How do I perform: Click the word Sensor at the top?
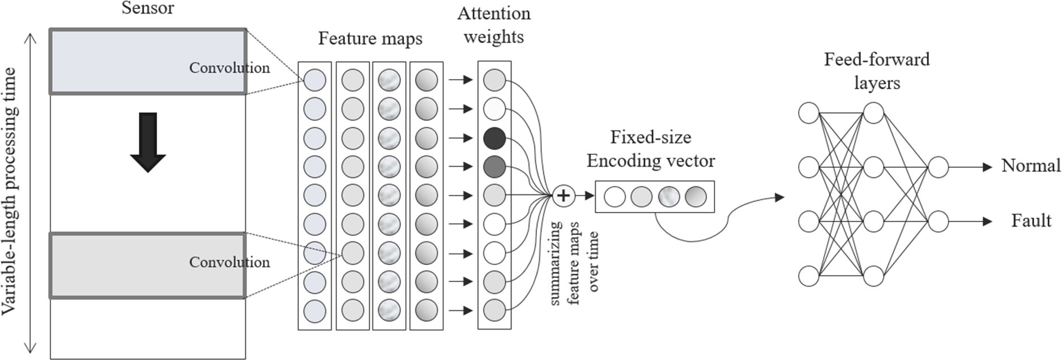coord(148,8)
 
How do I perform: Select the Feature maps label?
coord(370,38)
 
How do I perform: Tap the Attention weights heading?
coord(493,25)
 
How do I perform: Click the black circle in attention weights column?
coord(495,138)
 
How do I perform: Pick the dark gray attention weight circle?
coord(495,167)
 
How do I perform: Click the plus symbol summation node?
coord(563,196)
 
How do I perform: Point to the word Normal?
coord(1031,166)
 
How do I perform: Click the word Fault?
coord(1031,220)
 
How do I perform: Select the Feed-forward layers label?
coord(877,71)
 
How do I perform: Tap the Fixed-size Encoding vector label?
coord(651,149)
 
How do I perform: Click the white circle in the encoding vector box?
coord(615,197)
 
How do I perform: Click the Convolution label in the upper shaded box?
coord(229,68)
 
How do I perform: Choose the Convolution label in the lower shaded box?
coord(229,262)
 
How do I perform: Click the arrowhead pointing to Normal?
coord(988,167)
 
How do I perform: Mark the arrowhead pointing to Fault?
coord(988,222)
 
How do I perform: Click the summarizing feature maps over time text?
coord(574,263)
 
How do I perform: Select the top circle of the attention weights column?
coord(495,80)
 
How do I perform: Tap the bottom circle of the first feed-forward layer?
coord(809,276)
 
